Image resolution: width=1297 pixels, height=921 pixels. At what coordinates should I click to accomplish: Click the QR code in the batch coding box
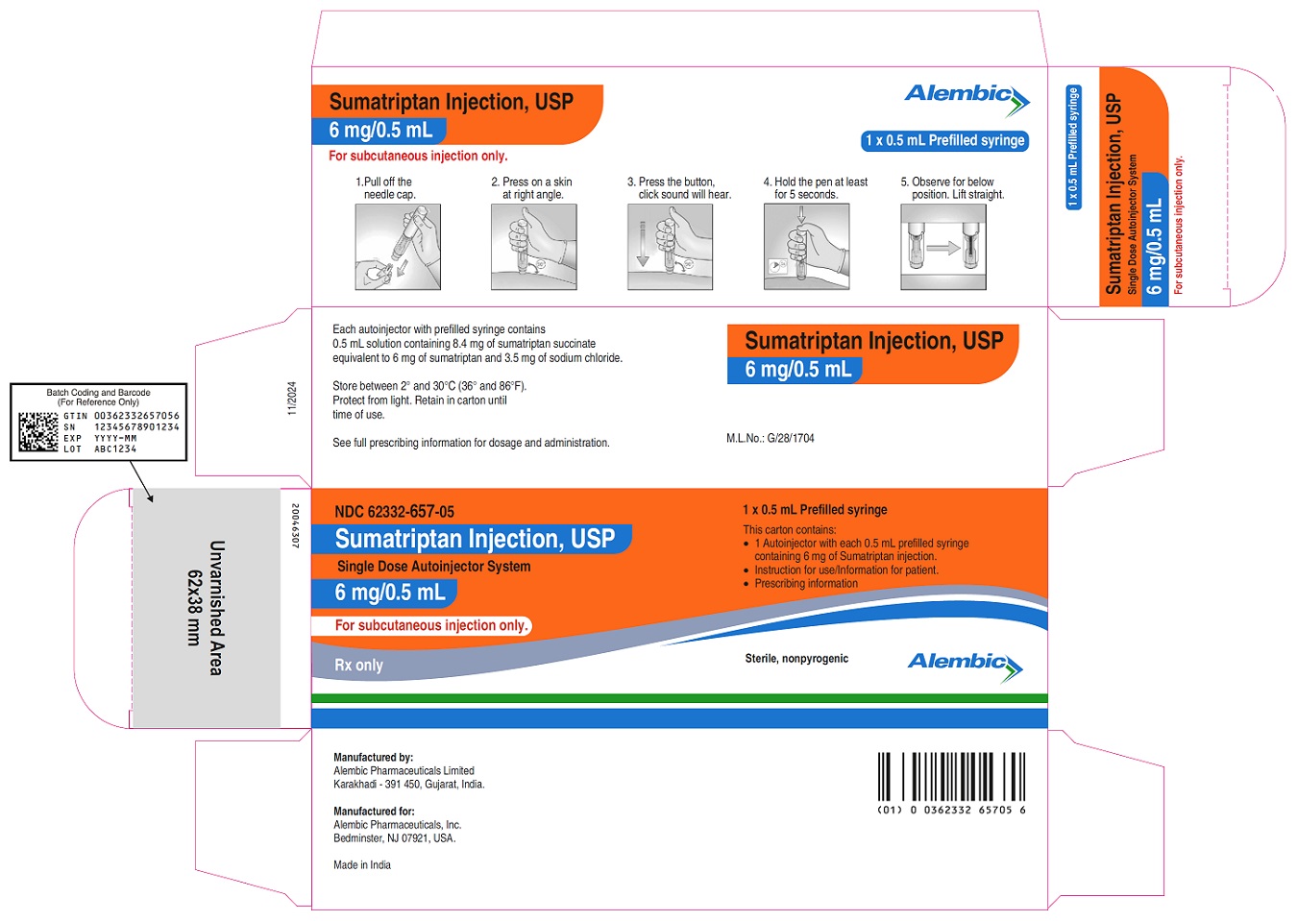pos(38,432)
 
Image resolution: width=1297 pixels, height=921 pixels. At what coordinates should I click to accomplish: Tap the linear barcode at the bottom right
pos(951,777)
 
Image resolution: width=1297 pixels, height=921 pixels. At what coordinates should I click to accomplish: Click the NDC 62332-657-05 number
pos(394,512)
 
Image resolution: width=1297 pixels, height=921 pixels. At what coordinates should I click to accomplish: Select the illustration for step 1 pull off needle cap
pos(398,247)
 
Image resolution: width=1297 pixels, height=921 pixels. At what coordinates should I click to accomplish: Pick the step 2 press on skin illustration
pos(533,247)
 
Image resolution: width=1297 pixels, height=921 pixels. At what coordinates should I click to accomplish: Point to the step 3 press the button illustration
pos(670,247)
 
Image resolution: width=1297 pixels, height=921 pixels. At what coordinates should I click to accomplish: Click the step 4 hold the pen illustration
pos(806,247)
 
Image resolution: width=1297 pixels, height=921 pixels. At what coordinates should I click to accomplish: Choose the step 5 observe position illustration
pos(942,247)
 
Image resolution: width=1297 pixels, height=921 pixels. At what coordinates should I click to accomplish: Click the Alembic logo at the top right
pos(967,97)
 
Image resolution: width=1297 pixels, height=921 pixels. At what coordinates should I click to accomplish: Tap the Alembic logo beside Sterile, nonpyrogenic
pos(965,665)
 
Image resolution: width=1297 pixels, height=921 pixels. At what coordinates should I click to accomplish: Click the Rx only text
pos(358,665)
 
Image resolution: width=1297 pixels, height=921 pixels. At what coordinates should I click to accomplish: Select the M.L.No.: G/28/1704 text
pos(770,438)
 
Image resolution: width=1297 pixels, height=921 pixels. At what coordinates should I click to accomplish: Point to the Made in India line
pos(362,864)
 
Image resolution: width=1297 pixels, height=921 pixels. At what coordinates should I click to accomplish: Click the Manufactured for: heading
pos(374,811)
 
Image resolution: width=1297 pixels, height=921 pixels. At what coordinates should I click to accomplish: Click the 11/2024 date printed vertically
pos(292,399)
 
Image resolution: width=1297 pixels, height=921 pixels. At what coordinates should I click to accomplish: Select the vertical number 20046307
pos(295,526)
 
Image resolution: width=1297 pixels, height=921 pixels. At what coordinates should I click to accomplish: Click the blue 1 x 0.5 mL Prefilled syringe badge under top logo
pos(944,140)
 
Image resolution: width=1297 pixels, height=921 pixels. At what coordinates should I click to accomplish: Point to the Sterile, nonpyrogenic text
pos(796,659)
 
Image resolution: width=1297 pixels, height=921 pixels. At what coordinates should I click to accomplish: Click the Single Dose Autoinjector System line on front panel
pos(433,567)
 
